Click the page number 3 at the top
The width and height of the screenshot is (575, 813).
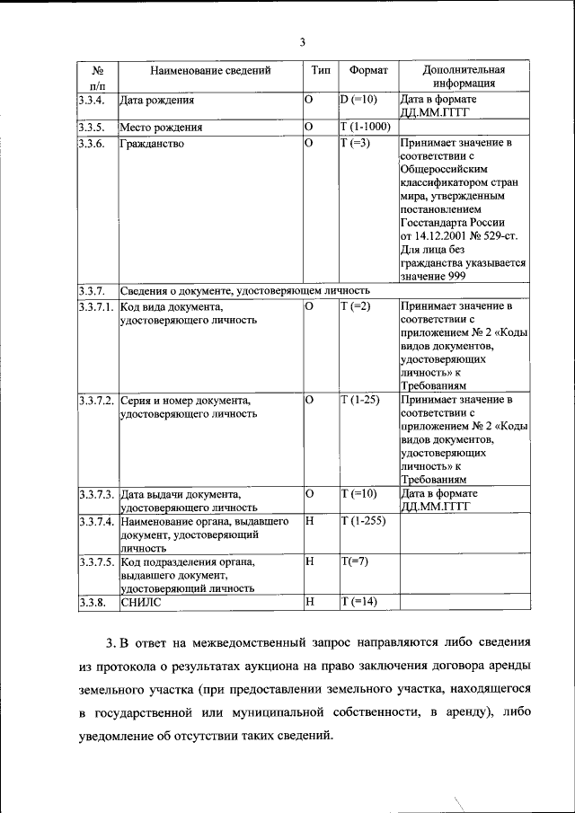(303, 42)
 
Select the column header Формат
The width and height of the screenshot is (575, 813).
(368, 69)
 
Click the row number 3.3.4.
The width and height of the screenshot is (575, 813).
(93, 100)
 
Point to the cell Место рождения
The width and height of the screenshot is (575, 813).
(161, 127)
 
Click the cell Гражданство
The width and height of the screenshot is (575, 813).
(153, 143)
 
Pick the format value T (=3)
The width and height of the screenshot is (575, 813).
(356, 143)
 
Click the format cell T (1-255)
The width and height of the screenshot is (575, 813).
(363, 521)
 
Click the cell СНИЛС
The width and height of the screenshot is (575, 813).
(141, 602)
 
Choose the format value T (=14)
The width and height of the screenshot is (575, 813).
(359, 602)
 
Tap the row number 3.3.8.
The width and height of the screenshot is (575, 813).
(93, 602)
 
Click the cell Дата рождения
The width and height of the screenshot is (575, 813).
(157, 100)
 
